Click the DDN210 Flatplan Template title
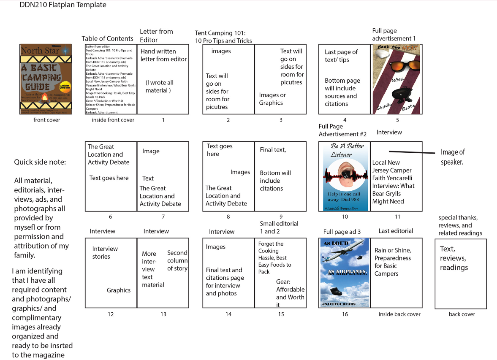pyautogui.click(x=63, y=5)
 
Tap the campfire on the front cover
pyautogui.click(x=45, y=100)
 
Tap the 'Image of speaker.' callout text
pyautogui.click(x=453, y=157)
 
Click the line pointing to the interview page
pyautogui.click(x=412, y=152)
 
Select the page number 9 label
pyautogui.click(x=281, y=217)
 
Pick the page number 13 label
pyautogui.click(x=163, y=314)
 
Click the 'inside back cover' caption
pyautogui.click(x=399, y=314)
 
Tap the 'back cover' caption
pyautogui.click(x=462, y=314)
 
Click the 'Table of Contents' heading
pyautogui.click(x=107, y=38)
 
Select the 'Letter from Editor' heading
pyautogui.click(x=156, y=35)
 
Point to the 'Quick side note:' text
pyautogui.click(x=40, y=162)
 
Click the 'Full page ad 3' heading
pyautogui.click(x=342, y=232)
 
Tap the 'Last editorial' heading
pyautogui.click(x=396, y=231)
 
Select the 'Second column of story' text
pyautogui.click(x=177, y=260)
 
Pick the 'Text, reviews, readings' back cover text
pyautogui.click(x=454, y=258)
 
